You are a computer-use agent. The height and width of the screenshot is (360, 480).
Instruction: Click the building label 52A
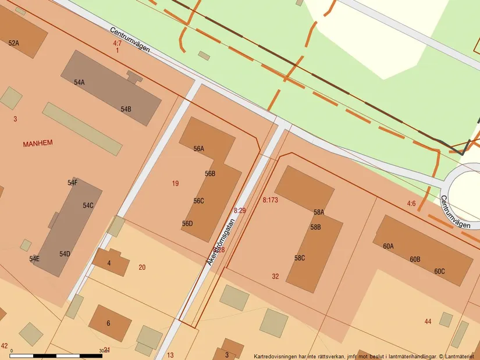coord(13,43)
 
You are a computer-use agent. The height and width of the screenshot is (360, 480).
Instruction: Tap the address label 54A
coord(79,83)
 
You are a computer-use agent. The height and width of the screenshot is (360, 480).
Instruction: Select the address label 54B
coord(126,109)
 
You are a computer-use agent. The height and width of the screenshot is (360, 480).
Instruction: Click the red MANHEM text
coord(38,143)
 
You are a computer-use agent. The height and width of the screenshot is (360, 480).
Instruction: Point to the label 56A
coord(199,149)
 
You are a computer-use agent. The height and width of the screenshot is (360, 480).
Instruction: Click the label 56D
coord(187,223)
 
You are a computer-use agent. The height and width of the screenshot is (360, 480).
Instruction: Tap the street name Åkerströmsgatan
coord(220,242)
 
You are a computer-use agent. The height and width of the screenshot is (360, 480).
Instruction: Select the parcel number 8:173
coord(270,199)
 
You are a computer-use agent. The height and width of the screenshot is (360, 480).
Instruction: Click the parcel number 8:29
coord(240,210)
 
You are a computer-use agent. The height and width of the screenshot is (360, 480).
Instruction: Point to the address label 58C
coord(300,258)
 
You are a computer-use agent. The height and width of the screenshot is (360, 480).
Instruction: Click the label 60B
coord(414,259)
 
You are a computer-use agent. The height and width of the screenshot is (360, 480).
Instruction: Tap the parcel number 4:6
coord(411,204)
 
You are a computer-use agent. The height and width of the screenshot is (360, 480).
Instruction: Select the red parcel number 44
coord(428,322)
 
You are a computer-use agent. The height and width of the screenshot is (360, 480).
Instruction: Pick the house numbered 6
coord(108,323)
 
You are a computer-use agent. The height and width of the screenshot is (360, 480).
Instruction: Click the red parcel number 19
coord(175,184)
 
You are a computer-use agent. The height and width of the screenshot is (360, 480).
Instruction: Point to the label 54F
coord(72,183)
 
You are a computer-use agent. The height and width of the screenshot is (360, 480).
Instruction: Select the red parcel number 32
coord(275,276)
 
